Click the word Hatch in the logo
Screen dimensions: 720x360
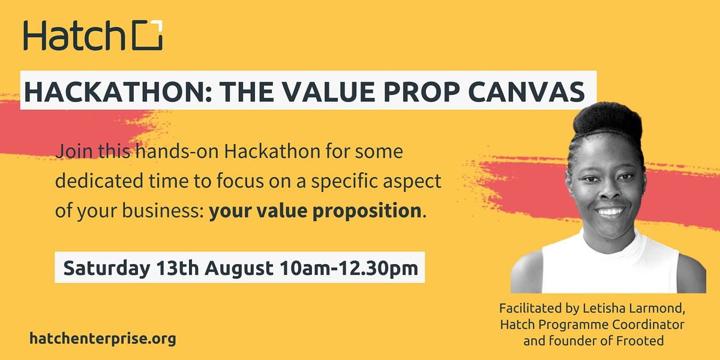click(74, 35)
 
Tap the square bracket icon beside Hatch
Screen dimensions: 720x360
click(148, 35)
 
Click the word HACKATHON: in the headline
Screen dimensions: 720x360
click(118, 92)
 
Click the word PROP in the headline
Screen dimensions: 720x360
click(421, 92)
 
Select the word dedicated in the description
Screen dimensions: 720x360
click(99, 181)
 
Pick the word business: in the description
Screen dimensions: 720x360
click(163, 211)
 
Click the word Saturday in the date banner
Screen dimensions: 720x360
click(106, 268)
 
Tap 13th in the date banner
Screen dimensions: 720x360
click(178, 268)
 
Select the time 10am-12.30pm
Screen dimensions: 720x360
click(349, 268)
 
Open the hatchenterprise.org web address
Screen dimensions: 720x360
click(103, 339)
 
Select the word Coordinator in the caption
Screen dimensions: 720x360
click(648, 325)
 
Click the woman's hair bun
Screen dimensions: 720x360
click(607, 119)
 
